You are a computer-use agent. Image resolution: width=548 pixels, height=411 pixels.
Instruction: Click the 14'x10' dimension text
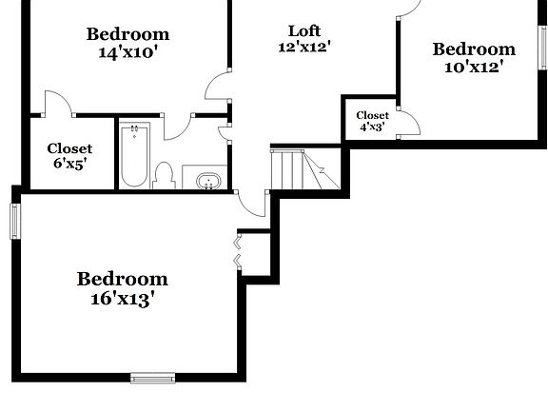[128, 53]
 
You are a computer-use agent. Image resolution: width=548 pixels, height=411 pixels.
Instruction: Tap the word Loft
[303, 29]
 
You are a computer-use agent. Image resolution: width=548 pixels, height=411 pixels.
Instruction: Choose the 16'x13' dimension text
[122, 298]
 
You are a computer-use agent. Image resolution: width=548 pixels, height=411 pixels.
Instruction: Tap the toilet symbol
[164, 175]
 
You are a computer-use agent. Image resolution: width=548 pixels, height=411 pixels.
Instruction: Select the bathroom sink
[209, 179]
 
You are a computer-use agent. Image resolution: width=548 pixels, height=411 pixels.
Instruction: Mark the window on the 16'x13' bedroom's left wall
[15, 222]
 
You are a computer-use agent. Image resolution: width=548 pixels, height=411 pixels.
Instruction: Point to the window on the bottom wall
[152, 379]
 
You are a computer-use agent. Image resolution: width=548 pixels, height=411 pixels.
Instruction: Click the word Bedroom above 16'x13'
[122, 279]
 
